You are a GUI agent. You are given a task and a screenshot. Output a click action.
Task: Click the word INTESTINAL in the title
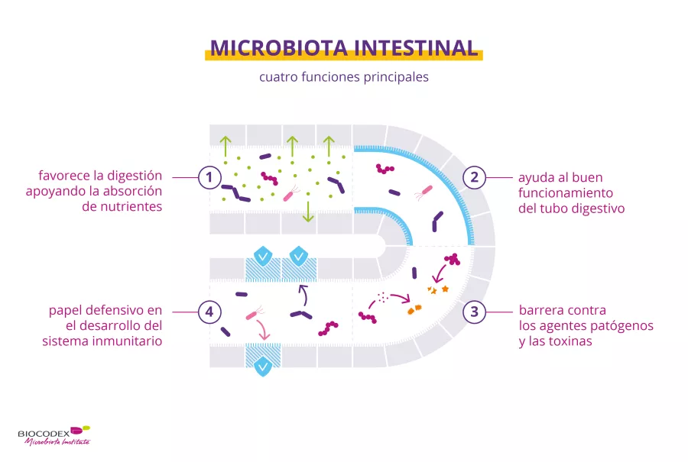point(413,47)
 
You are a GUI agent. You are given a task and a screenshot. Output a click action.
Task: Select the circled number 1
point(209,178)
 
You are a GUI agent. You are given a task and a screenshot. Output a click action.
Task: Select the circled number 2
point(474,178)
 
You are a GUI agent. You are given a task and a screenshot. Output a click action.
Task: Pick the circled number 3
point(474,312)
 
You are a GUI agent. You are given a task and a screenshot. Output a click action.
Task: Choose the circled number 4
point(209,312)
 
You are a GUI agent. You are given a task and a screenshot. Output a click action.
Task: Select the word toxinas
point(565,341)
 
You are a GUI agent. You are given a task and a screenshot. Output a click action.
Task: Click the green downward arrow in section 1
point(307,212)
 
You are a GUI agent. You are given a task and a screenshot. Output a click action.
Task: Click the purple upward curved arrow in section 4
point(301,293)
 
